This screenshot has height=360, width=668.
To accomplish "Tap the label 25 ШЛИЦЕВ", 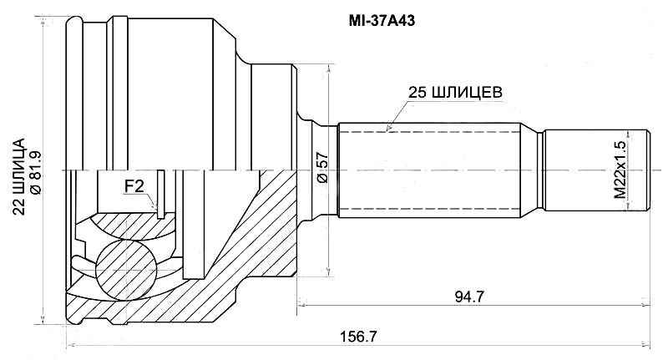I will pos(454,93).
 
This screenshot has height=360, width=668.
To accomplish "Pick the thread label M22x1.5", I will pos(620,170).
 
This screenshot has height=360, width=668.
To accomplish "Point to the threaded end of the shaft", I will pos(595,170).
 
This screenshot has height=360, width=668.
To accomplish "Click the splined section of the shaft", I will pos(434,170).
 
